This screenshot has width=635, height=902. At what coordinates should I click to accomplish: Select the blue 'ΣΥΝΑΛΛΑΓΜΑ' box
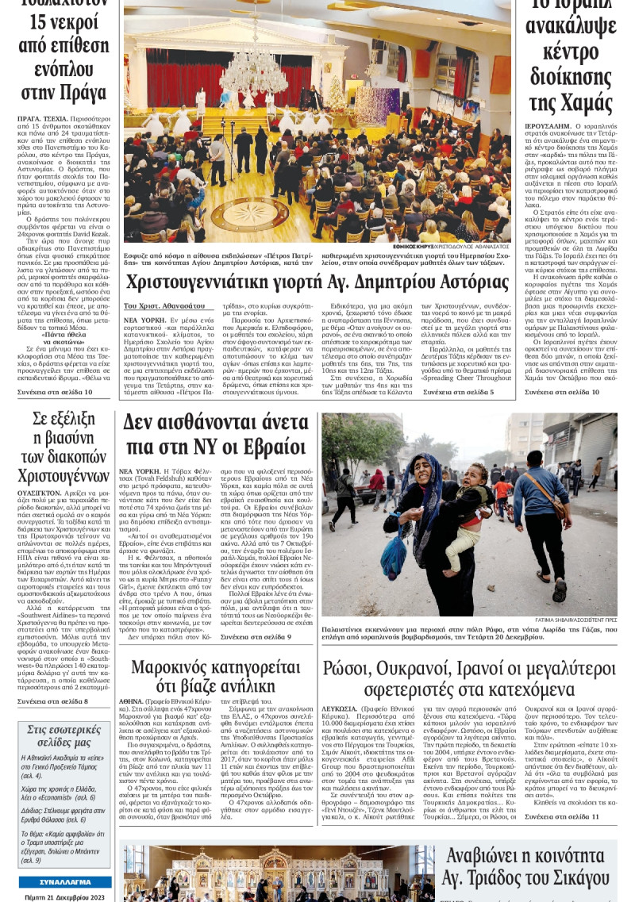click(x=65, y=882)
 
